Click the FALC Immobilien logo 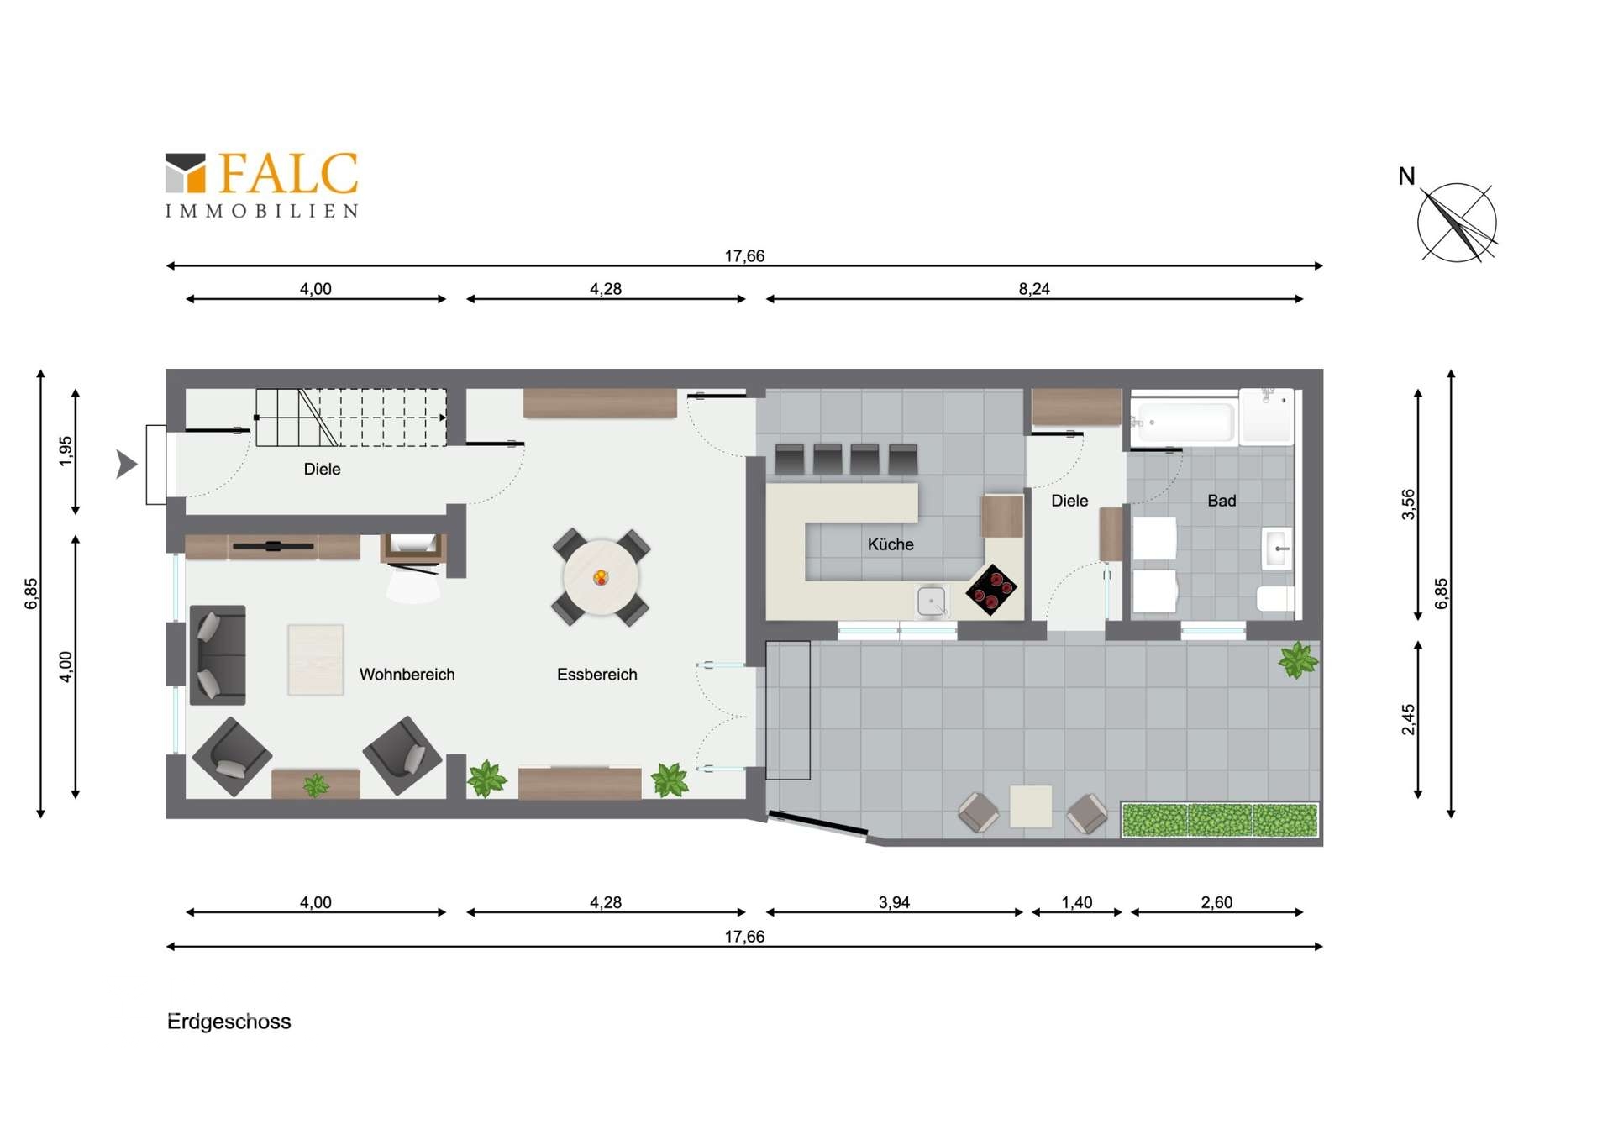tap(261, 185)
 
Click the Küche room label tap(891, 544)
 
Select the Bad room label tap(1222, 501)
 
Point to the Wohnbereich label tap(407, 675)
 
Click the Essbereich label tap(596, 675)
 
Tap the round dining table tap(601, 578)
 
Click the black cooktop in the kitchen tap(991, 590)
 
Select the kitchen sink tap(932, 602)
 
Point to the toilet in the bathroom tap(1274, 598)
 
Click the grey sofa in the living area tap(218, 654)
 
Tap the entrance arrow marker tap(127, 464)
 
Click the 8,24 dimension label tap(1034, 289)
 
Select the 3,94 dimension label tap(894, 902)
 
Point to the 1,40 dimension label tap(1077, 902)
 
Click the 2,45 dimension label tap(1409, 719)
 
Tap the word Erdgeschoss tap(229, 1022)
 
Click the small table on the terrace tap(1031, 806)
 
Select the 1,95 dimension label tap(66, 451)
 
